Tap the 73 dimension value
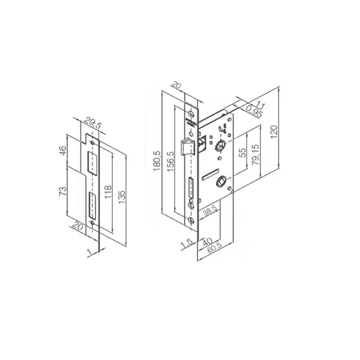tap(63, 191)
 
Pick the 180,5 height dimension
tap(157, 161)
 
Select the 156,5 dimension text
tap(171, 161)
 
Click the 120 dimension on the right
tap(274, 131)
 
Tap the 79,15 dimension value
tap(256, 154)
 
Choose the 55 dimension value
tap(242, 152)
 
